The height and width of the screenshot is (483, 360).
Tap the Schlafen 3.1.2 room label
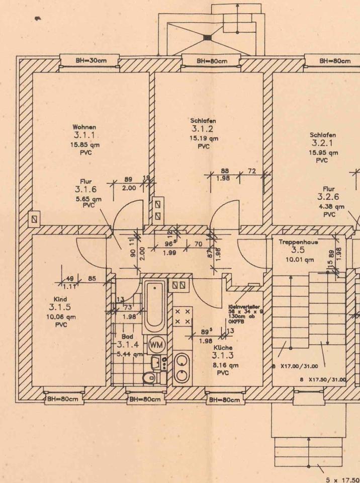click(204, 125)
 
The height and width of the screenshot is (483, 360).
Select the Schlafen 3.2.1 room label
click(323, 139)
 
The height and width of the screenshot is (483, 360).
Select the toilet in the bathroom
click(149, 378)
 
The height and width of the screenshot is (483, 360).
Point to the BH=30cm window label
click(88, 61)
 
